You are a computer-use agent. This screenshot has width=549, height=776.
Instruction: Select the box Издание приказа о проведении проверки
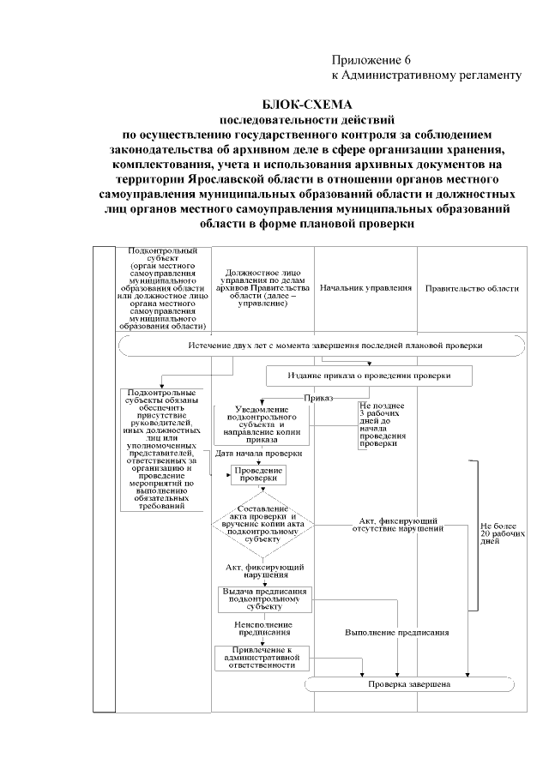tap(369, 376)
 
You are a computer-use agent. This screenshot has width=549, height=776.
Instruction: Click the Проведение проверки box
tap(256, 475)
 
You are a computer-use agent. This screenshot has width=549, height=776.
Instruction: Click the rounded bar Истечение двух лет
tap(322, 346)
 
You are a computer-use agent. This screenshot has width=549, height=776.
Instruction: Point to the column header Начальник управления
tap(365, 289)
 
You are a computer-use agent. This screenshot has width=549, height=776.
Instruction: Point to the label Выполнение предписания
tap(397, 632)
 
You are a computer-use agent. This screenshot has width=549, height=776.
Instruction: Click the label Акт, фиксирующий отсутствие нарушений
tap(397, 525)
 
